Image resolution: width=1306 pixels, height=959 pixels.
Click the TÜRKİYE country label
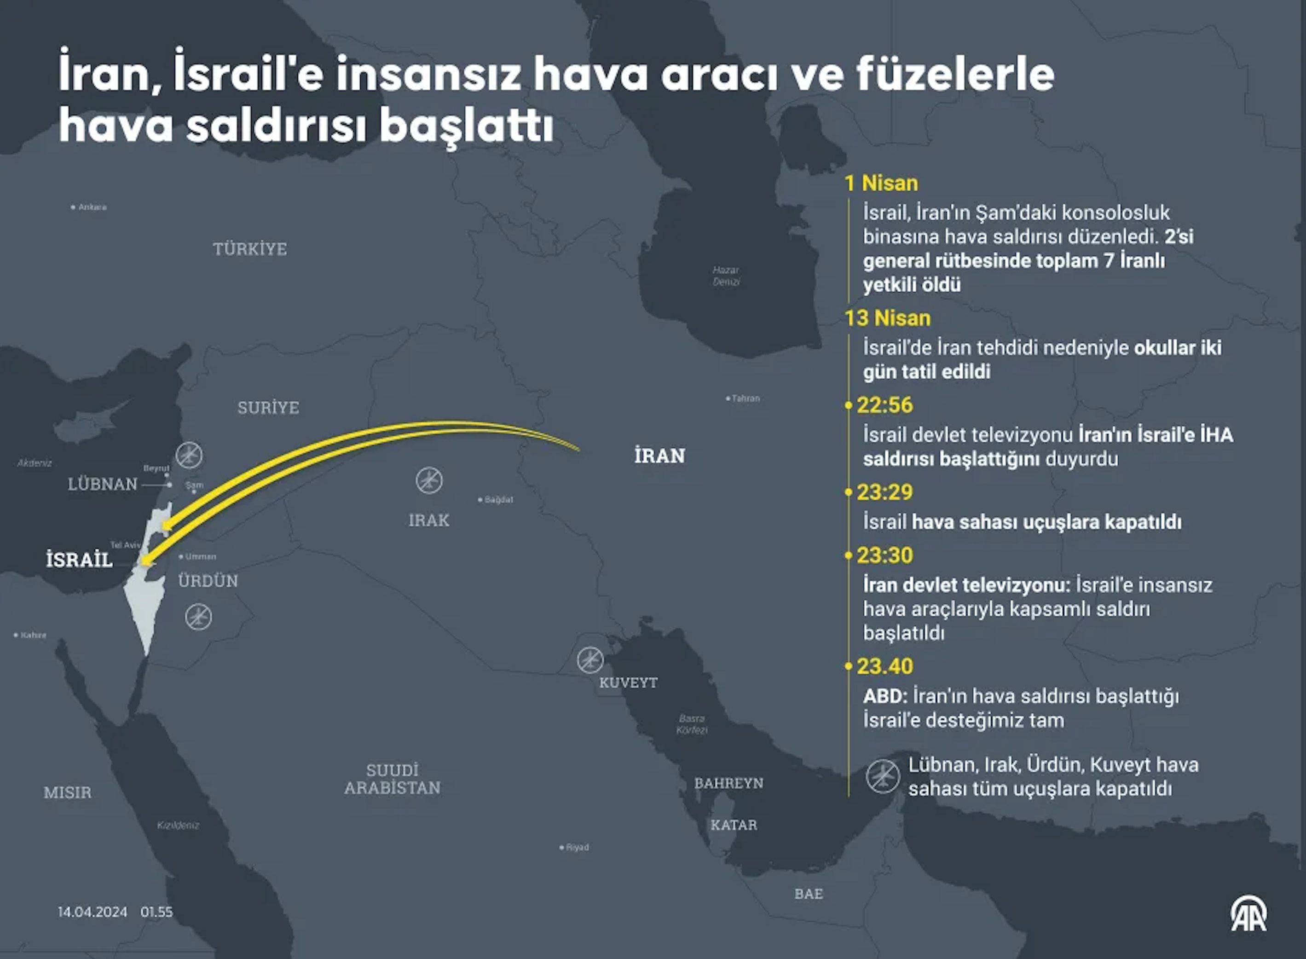tap(249, 249)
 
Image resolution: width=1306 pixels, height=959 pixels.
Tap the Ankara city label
tap(92, 207)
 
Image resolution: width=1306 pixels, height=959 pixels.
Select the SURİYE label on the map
tap(268, 408)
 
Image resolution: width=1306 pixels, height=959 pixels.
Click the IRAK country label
tap(428, 520)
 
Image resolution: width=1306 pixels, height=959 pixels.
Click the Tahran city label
tap(745, 398)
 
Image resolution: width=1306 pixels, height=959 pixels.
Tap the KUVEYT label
tap(628, 683)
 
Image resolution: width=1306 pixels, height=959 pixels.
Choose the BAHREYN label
tap(728, 783)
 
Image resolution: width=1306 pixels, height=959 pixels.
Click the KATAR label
tap(734, 825)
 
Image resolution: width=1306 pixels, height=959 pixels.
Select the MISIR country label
tap(67, 792)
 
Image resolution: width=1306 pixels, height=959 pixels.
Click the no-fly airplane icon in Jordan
tap(198, 617)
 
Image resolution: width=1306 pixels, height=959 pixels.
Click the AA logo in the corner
tap(1248, 914)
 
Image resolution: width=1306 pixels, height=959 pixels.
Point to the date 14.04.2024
tap(92, 912)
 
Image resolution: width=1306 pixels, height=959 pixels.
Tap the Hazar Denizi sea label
tap(726, 276)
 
